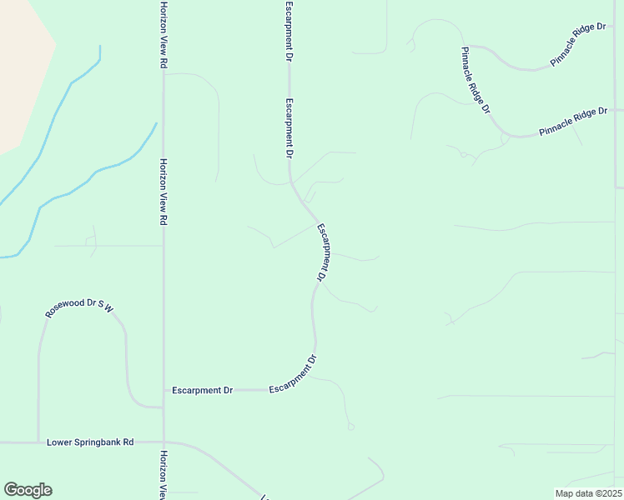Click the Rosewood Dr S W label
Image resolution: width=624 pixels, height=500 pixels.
[79, 308]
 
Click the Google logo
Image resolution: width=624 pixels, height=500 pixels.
[28, 490]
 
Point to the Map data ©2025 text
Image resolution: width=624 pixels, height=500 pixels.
[587, 493]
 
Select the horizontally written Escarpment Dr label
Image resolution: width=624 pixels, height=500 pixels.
[202, 390]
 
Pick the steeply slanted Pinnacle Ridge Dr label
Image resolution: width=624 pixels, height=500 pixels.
[476, 80]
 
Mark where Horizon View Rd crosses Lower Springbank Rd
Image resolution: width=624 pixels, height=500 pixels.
[164, 442]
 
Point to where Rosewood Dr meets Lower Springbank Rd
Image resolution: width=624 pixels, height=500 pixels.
[38, 442]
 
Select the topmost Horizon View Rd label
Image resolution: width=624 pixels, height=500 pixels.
[164, 35]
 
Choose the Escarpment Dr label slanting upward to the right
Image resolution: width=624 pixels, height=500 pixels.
[294, 376]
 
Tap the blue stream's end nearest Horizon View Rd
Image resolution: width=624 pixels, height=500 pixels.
[156, 124]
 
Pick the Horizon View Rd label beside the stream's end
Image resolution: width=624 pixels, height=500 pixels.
[164, 192]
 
